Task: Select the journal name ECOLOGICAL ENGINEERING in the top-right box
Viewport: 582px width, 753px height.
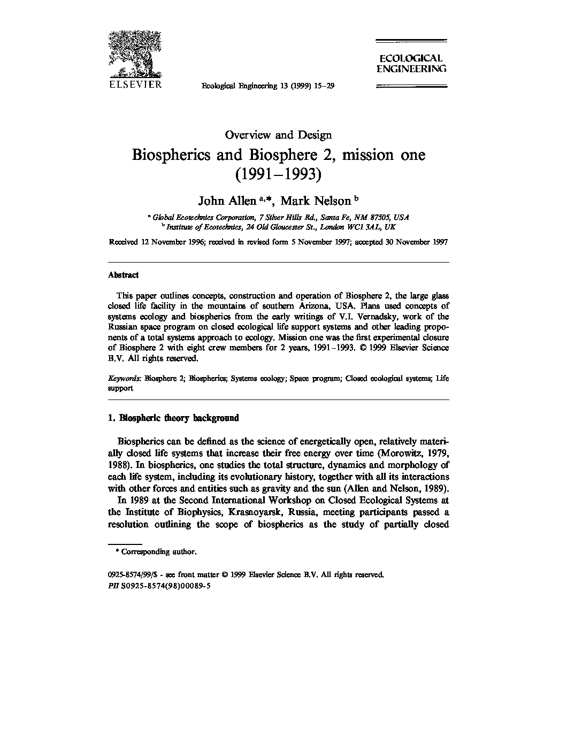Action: point(411,63)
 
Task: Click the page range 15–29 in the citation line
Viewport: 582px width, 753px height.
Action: point(323,86)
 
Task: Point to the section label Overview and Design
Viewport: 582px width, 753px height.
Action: point(278,135)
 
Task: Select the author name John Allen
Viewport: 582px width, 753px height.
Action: point(227,201)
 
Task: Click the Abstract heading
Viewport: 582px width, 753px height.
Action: point(123,275)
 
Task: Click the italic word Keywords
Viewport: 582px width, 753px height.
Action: point(125,378)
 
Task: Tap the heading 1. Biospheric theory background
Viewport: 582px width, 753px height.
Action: point(173,418)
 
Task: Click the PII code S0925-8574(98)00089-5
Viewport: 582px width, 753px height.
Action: point(166,586)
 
